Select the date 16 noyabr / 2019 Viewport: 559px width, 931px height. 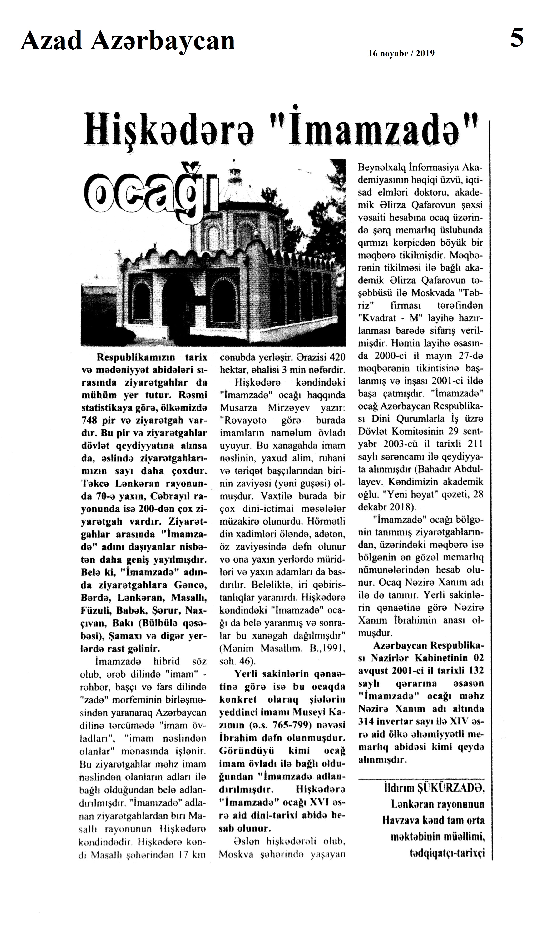(401, 54)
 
